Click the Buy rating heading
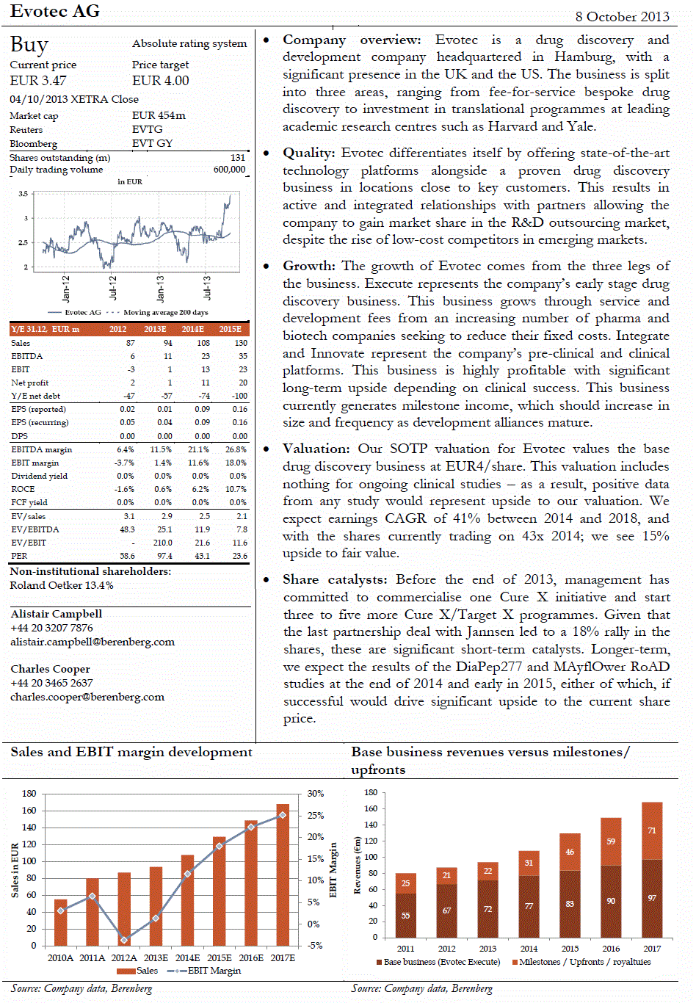[29, 46]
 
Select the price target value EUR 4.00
[160, 81]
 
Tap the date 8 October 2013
[622, 16]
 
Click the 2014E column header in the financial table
[193, 329]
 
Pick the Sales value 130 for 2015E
[241, 343]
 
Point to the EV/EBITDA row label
[35, 529]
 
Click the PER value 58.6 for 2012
[128, 556]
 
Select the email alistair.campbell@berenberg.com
[93, 642]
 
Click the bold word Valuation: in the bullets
[316, 449]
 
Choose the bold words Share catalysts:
[336, 579]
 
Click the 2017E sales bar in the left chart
[283, 874]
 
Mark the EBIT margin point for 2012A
[124, 940]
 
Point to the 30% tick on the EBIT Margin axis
[316, 794]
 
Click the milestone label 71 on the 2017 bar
[652, 830]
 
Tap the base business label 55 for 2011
[406, 916]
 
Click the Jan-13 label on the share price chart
[160, 288]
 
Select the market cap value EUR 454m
[159, 115]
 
